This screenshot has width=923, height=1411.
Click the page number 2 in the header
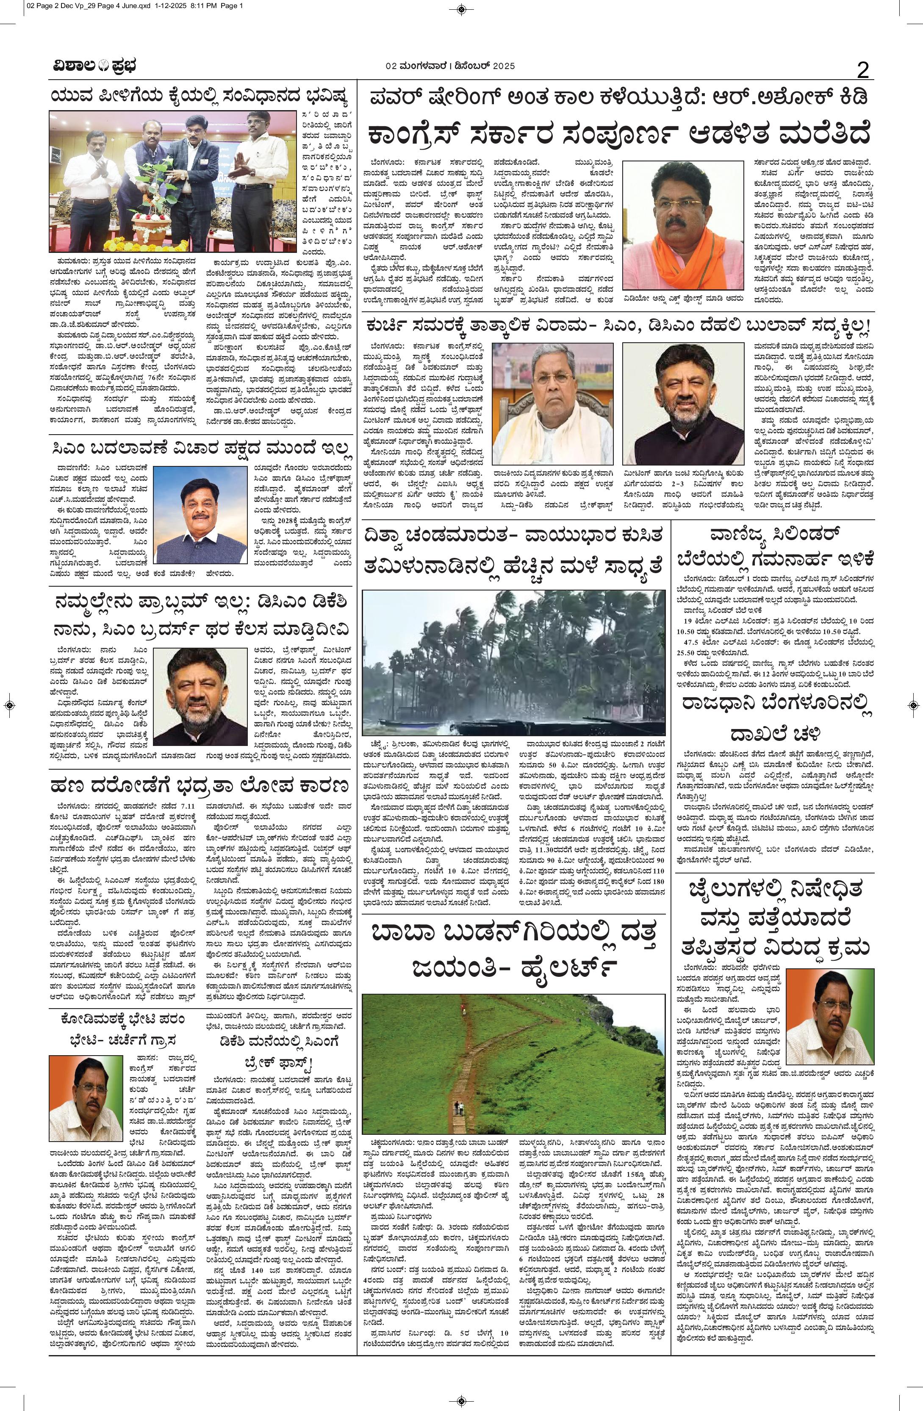click(x=862, y=71)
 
